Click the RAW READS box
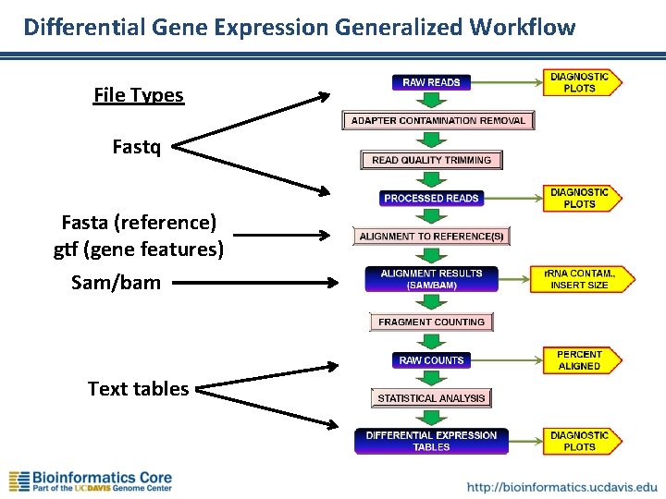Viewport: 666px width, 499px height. [x=431, y=82]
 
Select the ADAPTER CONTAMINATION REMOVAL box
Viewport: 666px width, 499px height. [x=438, y=121]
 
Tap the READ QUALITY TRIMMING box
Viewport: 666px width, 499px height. [x=431, y=160]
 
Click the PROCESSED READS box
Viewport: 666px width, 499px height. [x=431, y=198]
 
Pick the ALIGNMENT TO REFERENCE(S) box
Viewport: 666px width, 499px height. [x=431, y=237]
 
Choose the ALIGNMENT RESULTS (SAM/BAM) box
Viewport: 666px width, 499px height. [x=431, y=279]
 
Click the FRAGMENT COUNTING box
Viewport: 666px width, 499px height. [x=431, y=322]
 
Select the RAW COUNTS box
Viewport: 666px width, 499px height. [x=431, y=359]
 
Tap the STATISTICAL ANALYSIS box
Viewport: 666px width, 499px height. [x=431, y=398]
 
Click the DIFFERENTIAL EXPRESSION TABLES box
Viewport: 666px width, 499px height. [x=431, y=441]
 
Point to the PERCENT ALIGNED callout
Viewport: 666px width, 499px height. [x=579, y=360]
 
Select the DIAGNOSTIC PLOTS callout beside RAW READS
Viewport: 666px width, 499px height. [x=580, y=82]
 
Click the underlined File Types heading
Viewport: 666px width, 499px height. [x=139, y=95]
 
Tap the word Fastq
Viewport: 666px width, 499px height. [x=136, y=147]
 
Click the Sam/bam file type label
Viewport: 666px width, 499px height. [x=116, y=282]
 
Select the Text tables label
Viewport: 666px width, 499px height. [x=138, y=389]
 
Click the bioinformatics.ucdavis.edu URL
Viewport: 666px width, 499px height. [x=562, y=485]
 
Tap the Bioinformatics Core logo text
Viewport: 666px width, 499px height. [x=102, y=479]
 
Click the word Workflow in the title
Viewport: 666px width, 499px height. [x=522, y=27]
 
